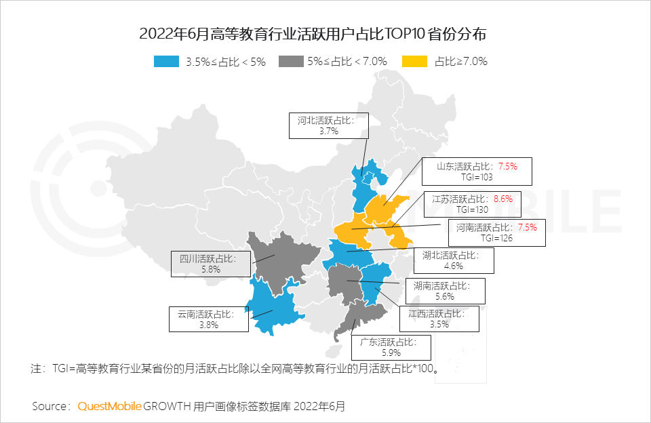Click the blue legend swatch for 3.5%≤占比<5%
pyautogui.click(x=167, y=62)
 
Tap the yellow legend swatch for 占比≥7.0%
pyautogui.click(x=415, y=62)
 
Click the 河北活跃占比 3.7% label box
pyautogui.click(x=328, y=125)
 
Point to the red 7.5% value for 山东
pyautogui.click(x=507, y=166)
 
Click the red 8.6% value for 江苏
pyautogui.click(x=502, y=199)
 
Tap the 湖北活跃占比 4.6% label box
pyautogui.click(x=454, y=260)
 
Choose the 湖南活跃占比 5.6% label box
pyautogui.click(x=445, y=290)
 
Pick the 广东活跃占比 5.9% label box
pyautogui.click(x=391, y=347)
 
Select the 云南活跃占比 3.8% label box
pyautogui.click(x=208, y=319)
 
